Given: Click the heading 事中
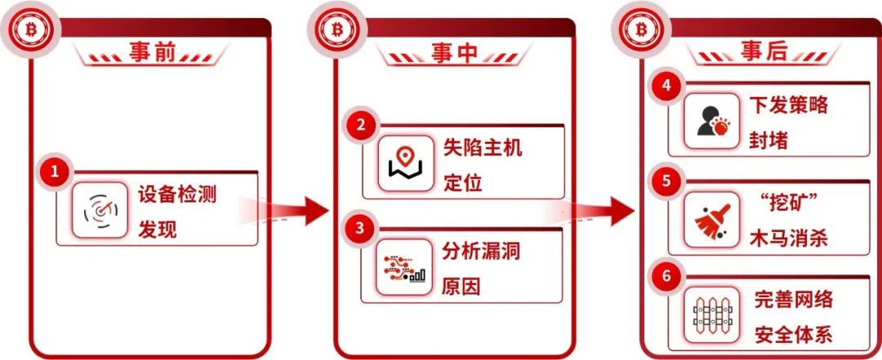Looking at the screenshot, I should [x=455, y=53].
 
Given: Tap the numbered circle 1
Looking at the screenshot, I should [x=55, y=173].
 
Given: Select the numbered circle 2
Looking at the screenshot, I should [x=360, y=126].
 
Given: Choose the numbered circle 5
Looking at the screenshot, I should [x=666, y=181].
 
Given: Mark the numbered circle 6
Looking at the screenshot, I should [x=666, y=276].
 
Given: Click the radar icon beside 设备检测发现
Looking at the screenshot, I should [x=100, y=211].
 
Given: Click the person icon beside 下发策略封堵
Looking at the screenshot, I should [x=711, y=120].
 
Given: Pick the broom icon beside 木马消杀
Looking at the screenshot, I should [x=711, y=217].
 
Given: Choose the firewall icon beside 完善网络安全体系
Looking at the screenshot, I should [x=711, y=313].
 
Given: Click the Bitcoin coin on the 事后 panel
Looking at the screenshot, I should [x=642, y=30].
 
